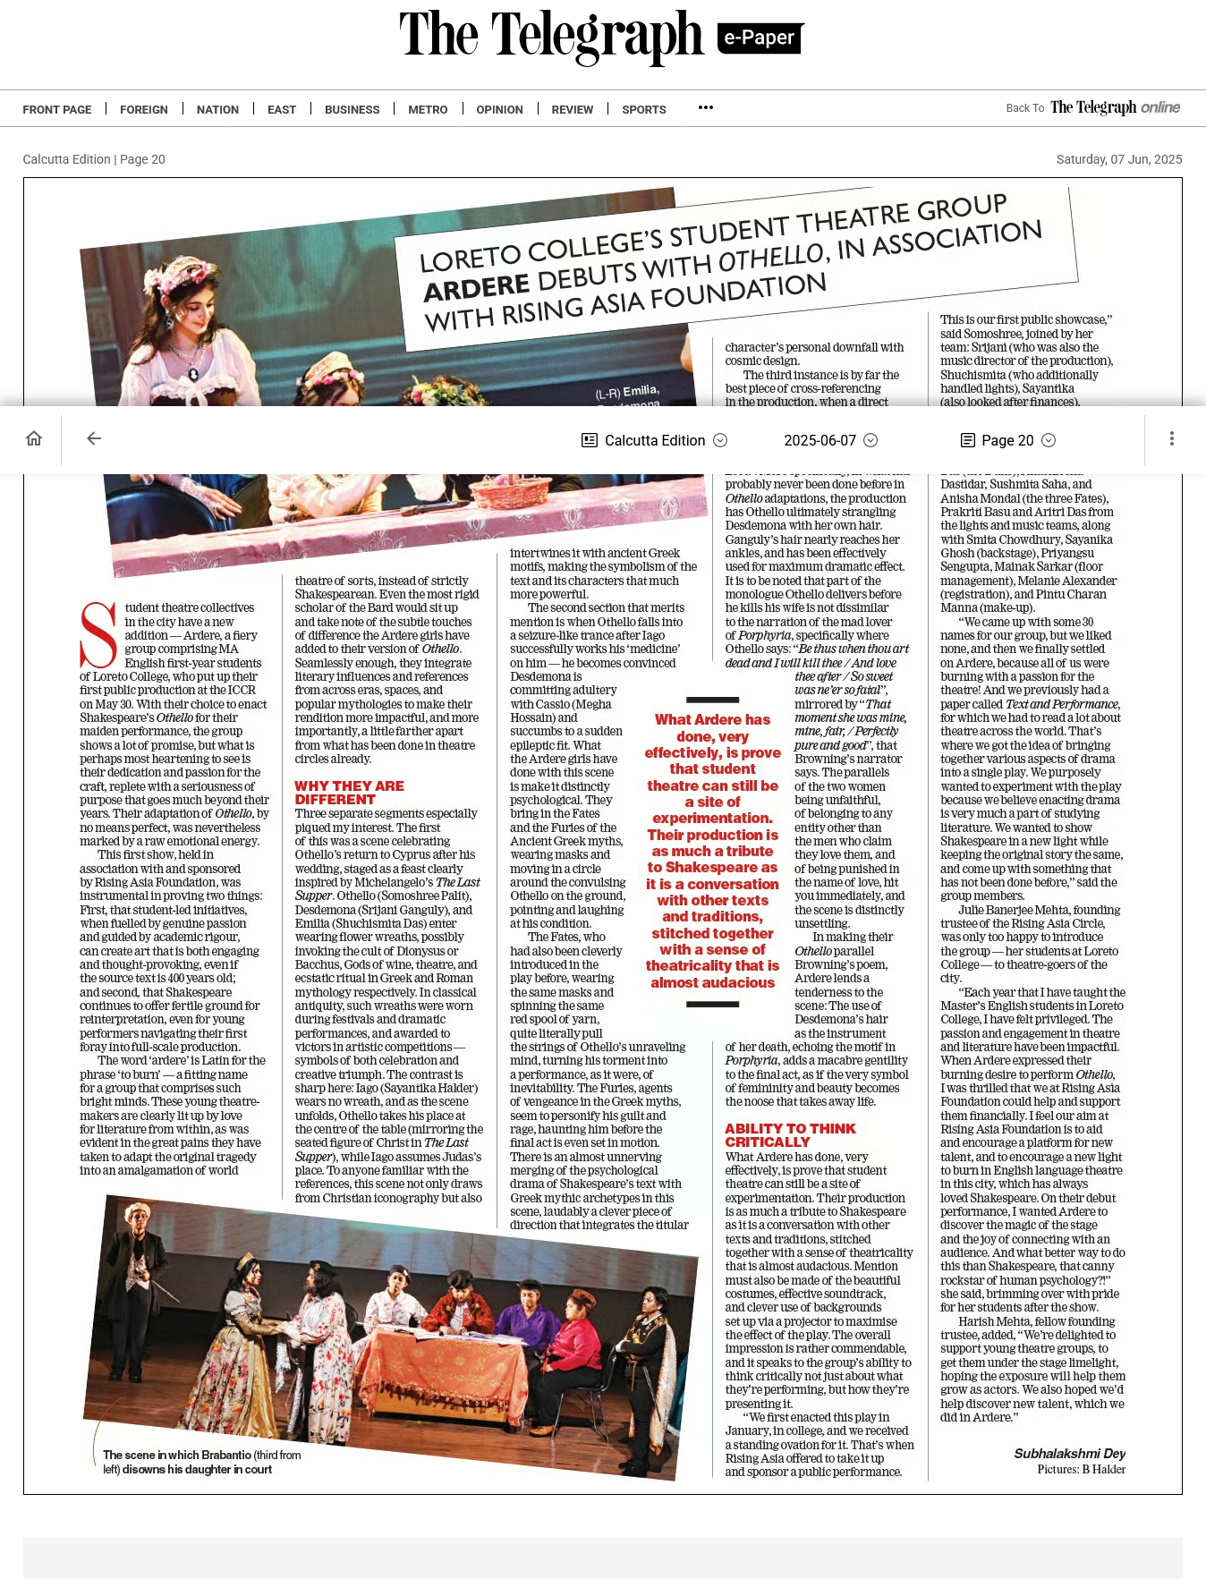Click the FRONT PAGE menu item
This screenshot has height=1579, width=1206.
click(57, 109)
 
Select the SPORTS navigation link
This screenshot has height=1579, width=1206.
click(643, 109)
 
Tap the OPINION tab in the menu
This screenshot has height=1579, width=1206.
click(499, 109)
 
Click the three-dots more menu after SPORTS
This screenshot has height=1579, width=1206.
click(706, 107)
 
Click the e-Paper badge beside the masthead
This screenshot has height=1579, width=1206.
click(760, 38)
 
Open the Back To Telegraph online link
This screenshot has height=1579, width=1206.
click(1092, 107)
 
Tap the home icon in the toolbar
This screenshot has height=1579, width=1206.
click(34, 438)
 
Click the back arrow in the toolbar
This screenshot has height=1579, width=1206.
click(94, 438)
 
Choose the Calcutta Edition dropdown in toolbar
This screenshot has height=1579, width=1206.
click(654, 440)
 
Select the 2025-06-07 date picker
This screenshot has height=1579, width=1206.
click(830, 440)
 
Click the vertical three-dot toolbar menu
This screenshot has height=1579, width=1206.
click(1171, 438)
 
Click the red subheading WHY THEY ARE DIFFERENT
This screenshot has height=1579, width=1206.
click(349, 793)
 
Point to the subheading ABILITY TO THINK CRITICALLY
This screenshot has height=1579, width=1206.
click(789, 1135)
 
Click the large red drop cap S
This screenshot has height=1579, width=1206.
click(98, 635)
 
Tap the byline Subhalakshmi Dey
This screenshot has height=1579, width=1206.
click(1069, 1454)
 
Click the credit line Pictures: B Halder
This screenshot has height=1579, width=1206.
click(1081, 1469)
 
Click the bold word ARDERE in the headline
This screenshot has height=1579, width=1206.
click(476, 287)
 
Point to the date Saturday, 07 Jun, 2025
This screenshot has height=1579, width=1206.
click(1118, 159)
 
